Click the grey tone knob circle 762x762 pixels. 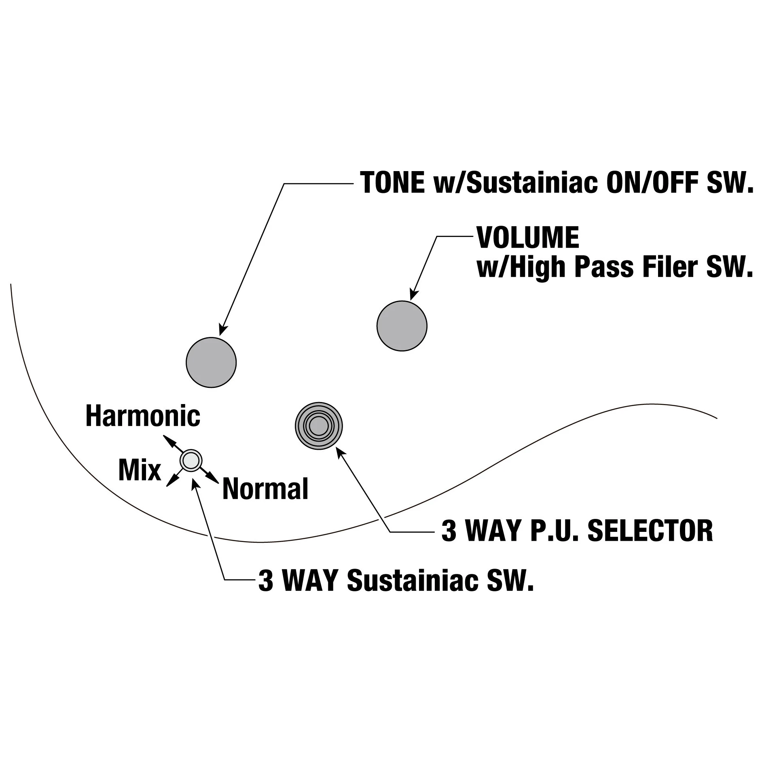click(x=211, y=362)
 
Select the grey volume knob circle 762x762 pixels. click(x=402, y=326)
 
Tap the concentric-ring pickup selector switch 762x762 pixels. click(x=319, y=426)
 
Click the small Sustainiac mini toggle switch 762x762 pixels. click(x=190, y=460)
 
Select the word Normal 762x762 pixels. click(x=265, y=489)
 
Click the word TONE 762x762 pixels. click(x=392, y=183)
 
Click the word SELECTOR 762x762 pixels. click(x=650, y=531)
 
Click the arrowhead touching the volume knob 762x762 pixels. click(x=413, y=295)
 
